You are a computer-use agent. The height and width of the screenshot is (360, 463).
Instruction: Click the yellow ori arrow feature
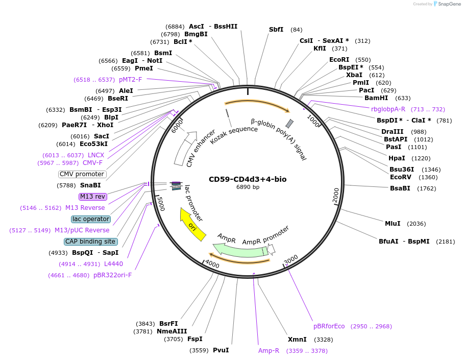192,225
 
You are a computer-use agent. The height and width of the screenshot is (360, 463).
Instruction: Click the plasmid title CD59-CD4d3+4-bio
247,179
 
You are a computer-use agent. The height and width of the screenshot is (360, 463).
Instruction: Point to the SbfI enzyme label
276,30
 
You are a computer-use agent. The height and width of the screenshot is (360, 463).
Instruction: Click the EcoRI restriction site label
339,60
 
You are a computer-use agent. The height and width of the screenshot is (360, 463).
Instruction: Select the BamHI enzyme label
376,98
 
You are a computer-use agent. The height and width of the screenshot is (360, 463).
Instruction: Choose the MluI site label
393,224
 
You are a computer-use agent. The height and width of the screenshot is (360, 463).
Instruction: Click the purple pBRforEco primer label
329,326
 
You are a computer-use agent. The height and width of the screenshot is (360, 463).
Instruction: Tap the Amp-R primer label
269,351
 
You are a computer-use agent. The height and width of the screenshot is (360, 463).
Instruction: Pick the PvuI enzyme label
221,350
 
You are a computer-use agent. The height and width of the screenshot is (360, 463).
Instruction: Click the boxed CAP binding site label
90,242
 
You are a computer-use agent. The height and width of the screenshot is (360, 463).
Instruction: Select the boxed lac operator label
91,219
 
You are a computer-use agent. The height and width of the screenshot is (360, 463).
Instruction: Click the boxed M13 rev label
92,197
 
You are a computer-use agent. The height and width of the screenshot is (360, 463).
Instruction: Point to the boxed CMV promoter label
82,174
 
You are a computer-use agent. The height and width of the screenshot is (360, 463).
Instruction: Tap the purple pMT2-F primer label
130,80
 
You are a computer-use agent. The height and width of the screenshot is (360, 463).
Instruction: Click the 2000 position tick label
336,195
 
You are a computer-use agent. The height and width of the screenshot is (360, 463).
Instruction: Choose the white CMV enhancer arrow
185,149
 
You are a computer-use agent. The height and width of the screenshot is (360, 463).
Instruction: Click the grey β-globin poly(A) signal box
289,124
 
